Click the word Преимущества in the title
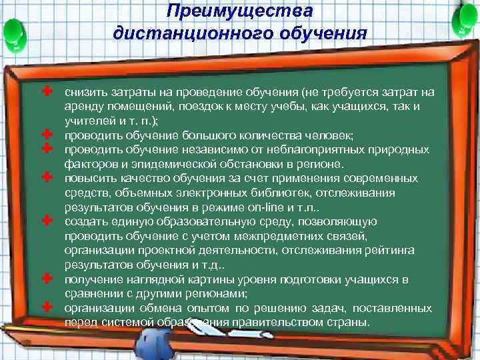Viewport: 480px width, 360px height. [x=239, y=11]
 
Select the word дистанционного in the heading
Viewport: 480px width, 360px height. [x=175, y=33]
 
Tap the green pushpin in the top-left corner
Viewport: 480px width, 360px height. [x=15, y=30]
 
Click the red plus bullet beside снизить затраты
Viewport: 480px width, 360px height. [x=47, y=89]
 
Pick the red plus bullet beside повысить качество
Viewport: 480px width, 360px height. [x=47, y=177]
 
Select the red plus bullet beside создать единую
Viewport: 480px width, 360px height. [x=47, y=220]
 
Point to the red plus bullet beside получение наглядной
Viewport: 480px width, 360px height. [x=47, y=277]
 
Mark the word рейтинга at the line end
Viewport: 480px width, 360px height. [x=393, y=250]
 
